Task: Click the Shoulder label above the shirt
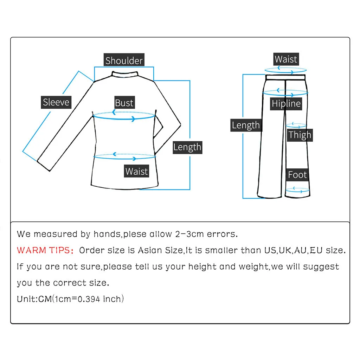[x=124, y=60]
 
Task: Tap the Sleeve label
[x=56, y=102]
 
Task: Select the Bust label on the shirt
[x=124, y=103]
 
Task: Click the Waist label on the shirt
[x=136, y=172]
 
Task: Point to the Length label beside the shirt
[x=187, y=147]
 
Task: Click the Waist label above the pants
[x=286, y=59]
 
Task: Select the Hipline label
[x=286, y=104]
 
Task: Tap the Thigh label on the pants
[x=300, y=135]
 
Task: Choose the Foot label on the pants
[x=297, y=175]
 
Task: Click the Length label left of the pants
[x=246, y=126]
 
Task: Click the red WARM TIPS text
[x=45, y=251]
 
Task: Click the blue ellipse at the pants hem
[x=297, y=191]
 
